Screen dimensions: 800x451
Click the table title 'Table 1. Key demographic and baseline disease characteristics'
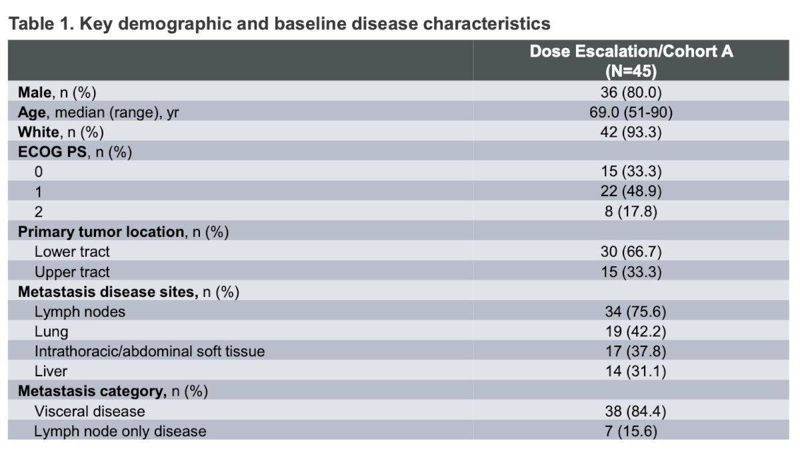point(279,24)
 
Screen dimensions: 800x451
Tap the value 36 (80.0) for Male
point(631,93)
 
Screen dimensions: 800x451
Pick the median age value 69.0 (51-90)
point(631,113)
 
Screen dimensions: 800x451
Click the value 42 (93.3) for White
point(631,132)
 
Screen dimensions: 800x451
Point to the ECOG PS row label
point(75,152)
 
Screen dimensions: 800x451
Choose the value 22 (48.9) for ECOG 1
point(631,191)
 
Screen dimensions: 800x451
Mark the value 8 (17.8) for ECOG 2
point(631,211)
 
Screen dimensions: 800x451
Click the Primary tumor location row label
point(123,232)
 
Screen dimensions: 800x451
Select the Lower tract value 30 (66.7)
point(631,252)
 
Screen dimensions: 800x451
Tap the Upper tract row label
point(72,272)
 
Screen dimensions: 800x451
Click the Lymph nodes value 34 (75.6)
point(636,312)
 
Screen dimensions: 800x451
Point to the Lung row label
point(51,332)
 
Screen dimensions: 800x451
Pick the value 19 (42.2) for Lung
point(636,332)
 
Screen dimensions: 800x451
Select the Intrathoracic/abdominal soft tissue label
point(149,352)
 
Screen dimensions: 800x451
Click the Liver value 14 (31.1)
point(636,372)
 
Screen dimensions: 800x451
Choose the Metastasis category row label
point(113,392)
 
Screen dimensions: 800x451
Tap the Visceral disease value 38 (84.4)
point(636,412)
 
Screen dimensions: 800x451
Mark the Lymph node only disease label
point(121,432)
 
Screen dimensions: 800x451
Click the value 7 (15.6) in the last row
point(631,432)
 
